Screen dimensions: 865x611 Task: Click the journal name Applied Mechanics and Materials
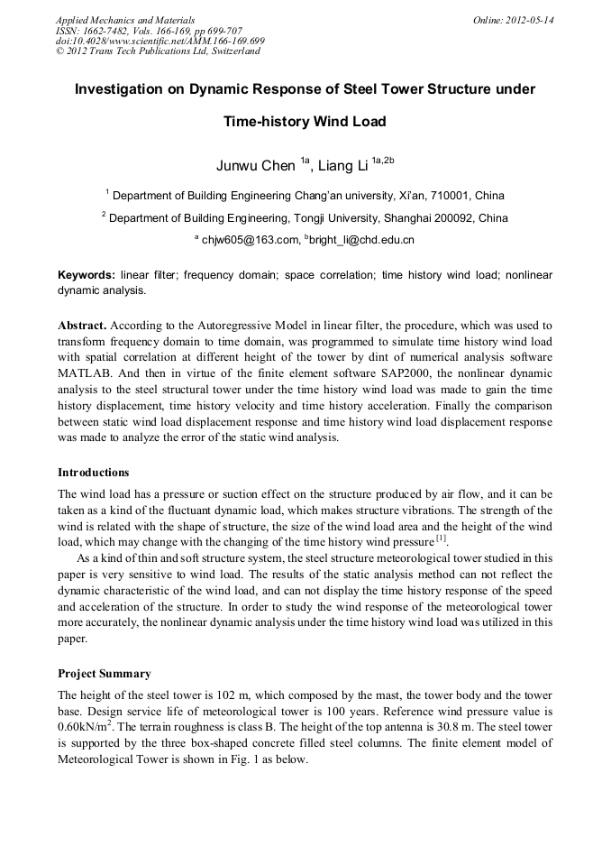click(124, 20)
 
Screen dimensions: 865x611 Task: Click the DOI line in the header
click(160, 41)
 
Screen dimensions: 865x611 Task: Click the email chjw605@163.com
click(250, 240)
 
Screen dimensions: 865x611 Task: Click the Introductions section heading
click(94, 473)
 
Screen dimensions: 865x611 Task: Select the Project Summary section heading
click(105, 674)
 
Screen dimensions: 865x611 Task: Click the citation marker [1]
click(441, 539)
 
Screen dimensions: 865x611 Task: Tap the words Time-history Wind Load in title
click(305, 121)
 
